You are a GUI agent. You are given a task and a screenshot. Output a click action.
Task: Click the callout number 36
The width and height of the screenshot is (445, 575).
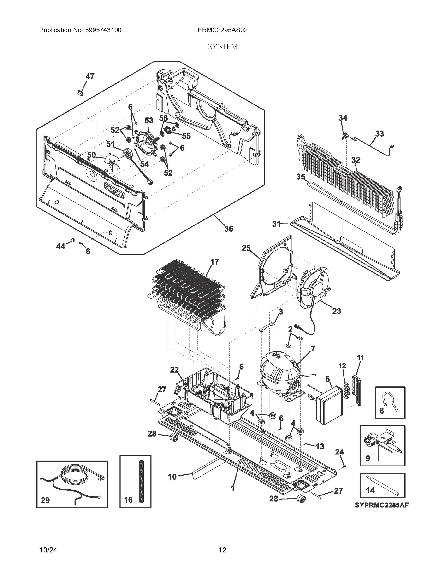point(229,229)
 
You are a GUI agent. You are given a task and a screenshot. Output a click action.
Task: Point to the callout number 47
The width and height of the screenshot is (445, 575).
point(90,76)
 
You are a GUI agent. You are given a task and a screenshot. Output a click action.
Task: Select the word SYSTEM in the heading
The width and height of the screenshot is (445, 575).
point(222,47)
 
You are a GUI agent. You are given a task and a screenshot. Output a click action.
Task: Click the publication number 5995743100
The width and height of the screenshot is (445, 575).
point(103,30)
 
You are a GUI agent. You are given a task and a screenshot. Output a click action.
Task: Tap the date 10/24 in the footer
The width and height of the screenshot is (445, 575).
point(48,550)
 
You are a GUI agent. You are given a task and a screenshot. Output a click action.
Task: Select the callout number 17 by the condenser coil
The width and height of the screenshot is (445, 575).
point(215,262)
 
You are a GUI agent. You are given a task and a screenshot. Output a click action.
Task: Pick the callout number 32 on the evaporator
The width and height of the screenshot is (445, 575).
point(356,160)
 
